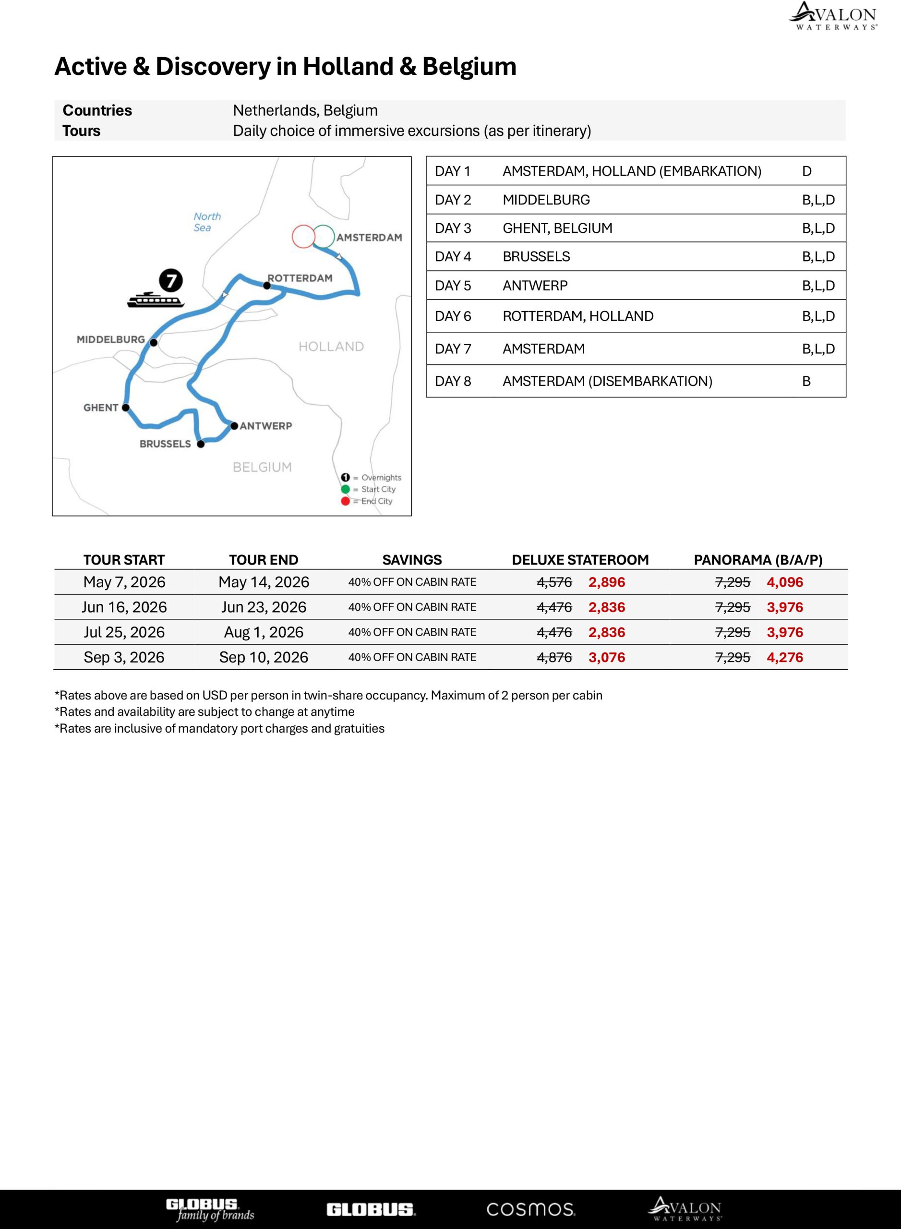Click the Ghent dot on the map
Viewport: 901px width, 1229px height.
[125, 408]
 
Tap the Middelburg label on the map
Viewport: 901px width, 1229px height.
[111, 339]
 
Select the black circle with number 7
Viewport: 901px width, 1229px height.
[171, 281]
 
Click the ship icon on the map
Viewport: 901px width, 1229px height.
[156, 300]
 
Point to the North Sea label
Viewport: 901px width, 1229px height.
[207, 222]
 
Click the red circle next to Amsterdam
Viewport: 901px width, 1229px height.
[303, 237]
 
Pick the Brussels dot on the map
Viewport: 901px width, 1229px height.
[201, 444]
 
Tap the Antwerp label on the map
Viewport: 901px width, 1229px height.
[265, 426]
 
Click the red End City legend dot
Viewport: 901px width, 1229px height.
[345, 501]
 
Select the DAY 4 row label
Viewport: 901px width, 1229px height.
[453, 257]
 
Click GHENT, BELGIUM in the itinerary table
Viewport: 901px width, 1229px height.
[557, 228]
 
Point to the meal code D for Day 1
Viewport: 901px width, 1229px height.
[806, 171]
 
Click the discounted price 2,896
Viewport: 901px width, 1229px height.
[606, 582]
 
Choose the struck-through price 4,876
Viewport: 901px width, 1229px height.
[554, 657]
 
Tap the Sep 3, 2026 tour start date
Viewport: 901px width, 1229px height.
[124, 657]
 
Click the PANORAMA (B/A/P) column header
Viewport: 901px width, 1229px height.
[757, 560]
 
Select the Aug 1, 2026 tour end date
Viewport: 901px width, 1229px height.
[264, 632]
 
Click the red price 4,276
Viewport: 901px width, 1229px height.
[785, 657]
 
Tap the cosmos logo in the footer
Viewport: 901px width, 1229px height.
[530, 1209]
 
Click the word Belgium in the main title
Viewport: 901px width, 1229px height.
[469, 67]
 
